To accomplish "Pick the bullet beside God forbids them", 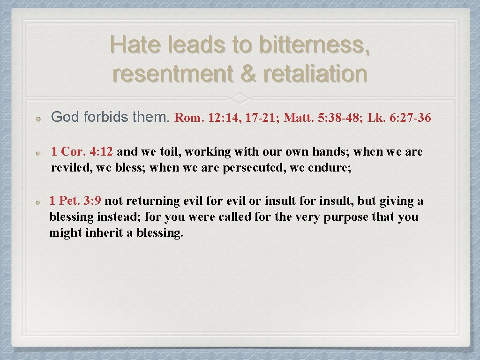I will (41, 119).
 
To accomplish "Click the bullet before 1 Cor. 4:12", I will (41, 153).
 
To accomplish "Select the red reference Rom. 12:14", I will (206, 118).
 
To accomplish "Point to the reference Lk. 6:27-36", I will (399, 118).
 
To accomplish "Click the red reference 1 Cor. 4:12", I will (82, 152).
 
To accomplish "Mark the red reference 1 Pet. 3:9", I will (77, 201).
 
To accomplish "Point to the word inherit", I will (105, 233).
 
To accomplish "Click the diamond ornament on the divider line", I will (240, 98).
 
